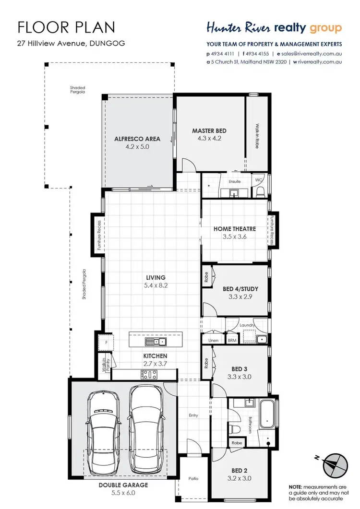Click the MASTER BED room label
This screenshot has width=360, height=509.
click(209, 130)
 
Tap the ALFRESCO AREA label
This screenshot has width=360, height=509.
click(137, 139)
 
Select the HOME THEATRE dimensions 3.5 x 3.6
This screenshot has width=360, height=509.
click(234, 237)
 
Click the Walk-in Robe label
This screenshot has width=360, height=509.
click(257, 136)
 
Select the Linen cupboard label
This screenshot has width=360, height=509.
click(213, 340)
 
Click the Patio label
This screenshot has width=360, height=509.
click(193, 479)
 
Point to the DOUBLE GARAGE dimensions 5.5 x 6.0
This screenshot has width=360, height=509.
click(123, 493)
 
